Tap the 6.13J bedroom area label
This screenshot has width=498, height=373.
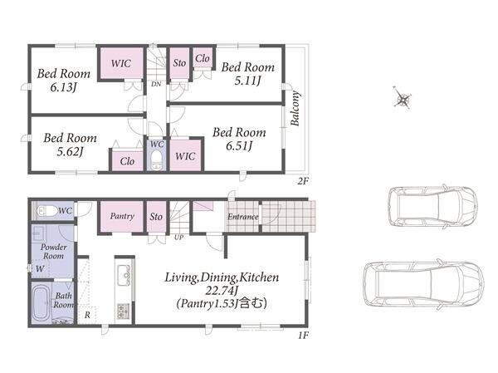[64, 87]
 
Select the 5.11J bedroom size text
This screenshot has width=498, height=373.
[247, 81]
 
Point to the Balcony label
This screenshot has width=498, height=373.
[295, 108]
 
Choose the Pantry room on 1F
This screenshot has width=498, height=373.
[122, 217]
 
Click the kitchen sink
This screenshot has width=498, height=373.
[123, 275]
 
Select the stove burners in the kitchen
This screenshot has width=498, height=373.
[123, 311]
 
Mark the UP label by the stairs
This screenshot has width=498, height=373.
[178, 238]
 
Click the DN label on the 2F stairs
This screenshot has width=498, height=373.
[156, 84]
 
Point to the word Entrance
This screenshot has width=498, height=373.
[242, 217]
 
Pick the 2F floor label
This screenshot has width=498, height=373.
[303, 181]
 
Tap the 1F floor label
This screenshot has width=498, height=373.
[303, 335]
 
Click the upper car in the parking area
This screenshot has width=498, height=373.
[433, 206]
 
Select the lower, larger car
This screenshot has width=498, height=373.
[423, 284]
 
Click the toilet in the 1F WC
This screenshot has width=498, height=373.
[47, 210]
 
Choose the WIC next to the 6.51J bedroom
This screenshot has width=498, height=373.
[185, 156]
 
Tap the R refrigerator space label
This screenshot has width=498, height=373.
[87, 315]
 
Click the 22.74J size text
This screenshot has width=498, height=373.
[222, 290]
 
